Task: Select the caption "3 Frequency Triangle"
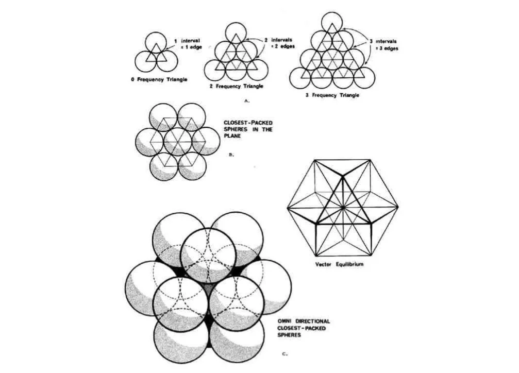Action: point(331,96)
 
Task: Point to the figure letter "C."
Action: point(286,354)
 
